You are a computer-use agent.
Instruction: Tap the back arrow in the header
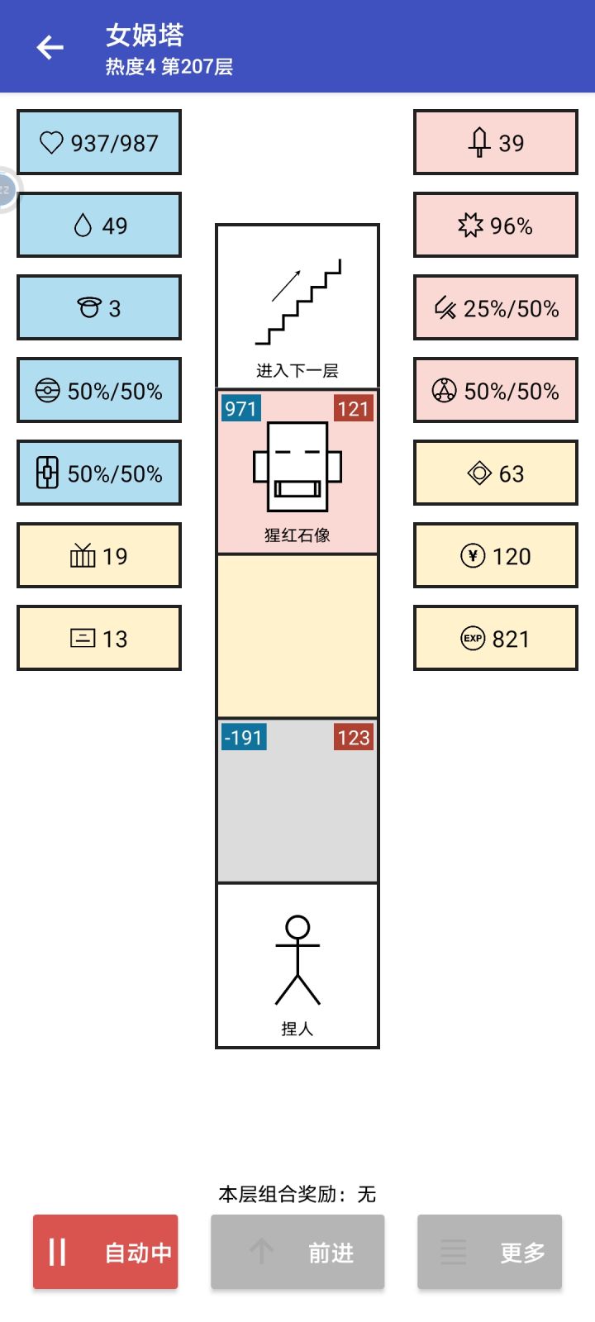coord(50,47)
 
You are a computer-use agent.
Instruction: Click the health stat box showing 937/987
coord(99,142)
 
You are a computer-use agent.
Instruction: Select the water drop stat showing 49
coord(99,225)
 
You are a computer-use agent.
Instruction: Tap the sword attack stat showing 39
coord(496,142)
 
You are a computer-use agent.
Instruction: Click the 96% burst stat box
coord(496,225)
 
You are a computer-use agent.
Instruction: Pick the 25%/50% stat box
coord(496,307)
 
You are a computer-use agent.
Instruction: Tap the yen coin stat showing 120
coord(496,555)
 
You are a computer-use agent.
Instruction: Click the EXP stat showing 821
coord(496,638)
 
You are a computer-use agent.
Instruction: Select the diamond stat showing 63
coord(496,473)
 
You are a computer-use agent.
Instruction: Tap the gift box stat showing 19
coord(99,555)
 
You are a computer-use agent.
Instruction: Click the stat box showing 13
coord(99,638)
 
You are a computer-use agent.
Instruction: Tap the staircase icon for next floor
coord(298,302)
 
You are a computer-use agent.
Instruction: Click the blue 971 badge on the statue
coord(240,408)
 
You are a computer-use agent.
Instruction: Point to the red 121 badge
coord(354,408)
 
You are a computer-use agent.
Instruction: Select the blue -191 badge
coord(244,737)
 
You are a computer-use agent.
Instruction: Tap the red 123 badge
coord(354,737)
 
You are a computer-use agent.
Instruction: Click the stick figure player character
coord(297,960)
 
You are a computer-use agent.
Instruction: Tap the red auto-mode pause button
coord(105,1251)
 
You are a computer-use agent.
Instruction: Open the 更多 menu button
coord(489,1251)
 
